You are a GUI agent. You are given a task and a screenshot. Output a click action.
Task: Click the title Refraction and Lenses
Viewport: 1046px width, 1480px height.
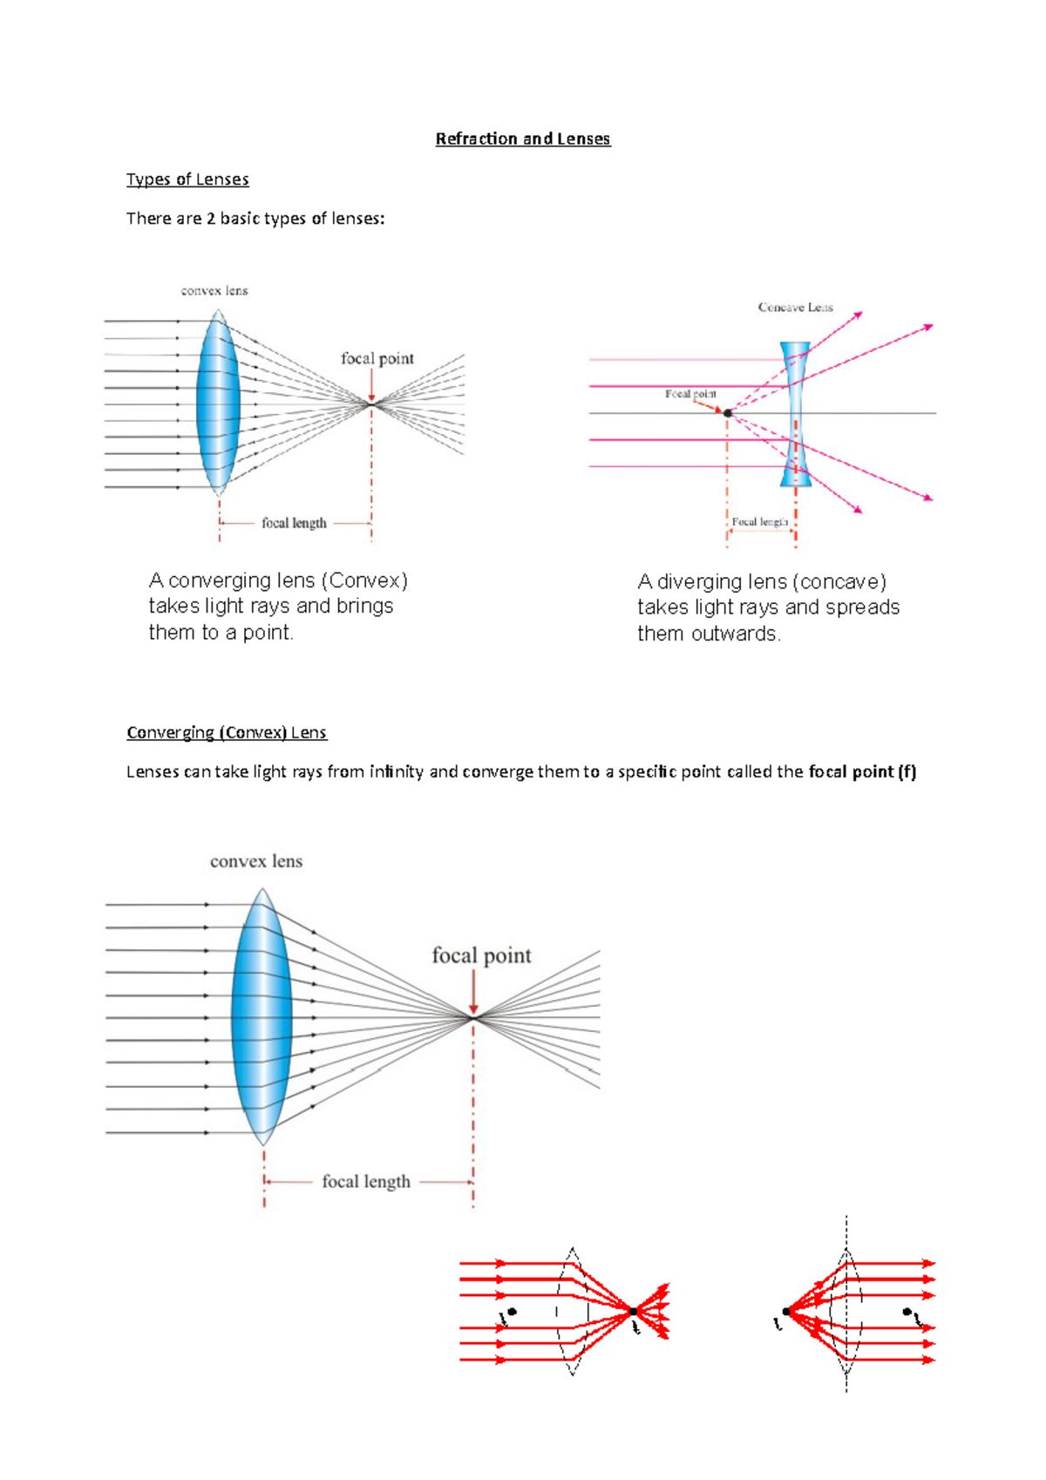(523, 139)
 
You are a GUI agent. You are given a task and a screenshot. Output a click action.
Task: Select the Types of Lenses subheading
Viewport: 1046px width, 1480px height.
(187, 180)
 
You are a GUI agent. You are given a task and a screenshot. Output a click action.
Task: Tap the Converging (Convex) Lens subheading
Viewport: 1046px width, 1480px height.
(227, 732)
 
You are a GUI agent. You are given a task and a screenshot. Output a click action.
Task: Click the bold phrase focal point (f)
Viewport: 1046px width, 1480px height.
(862, 771)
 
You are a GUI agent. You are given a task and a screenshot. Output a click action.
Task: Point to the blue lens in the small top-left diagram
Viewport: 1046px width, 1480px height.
(218, 404)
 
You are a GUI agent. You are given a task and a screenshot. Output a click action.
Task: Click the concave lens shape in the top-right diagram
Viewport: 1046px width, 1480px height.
(795, 414)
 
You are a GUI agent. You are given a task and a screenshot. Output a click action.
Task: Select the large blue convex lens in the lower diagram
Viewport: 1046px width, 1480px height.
(261, 1016)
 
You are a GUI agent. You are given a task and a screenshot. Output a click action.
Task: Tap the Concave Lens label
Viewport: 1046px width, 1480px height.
(795, 308)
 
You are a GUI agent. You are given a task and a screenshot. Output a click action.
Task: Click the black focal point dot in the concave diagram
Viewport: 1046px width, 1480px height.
(728, 413)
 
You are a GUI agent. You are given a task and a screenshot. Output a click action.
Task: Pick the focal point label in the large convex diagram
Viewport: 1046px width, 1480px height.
(481, 956)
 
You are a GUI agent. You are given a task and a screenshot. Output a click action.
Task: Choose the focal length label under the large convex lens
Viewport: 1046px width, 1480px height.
(366, 1182)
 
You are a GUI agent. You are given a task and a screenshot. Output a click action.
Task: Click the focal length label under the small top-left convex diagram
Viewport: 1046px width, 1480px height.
(294, 523)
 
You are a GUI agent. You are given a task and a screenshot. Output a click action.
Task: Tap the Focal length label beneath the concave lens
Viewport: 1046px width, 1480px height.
(760, 522)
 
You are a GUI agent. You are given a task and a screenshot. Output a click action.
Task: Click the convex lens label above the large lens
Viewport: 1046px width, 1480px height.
(256, 861)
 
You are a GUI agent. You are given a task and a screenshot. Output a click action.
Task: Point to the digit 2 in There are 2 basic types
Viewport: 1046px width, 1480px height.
(211, 219)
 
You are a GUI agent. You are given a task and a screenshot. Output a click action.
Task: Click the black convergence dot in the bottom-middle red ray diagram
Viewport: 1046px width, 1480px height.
(634, 1311)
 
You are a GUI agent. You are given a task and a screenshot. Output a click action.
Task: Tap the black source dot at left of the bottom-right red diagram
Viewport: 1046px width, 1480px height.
(786, 1311)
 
